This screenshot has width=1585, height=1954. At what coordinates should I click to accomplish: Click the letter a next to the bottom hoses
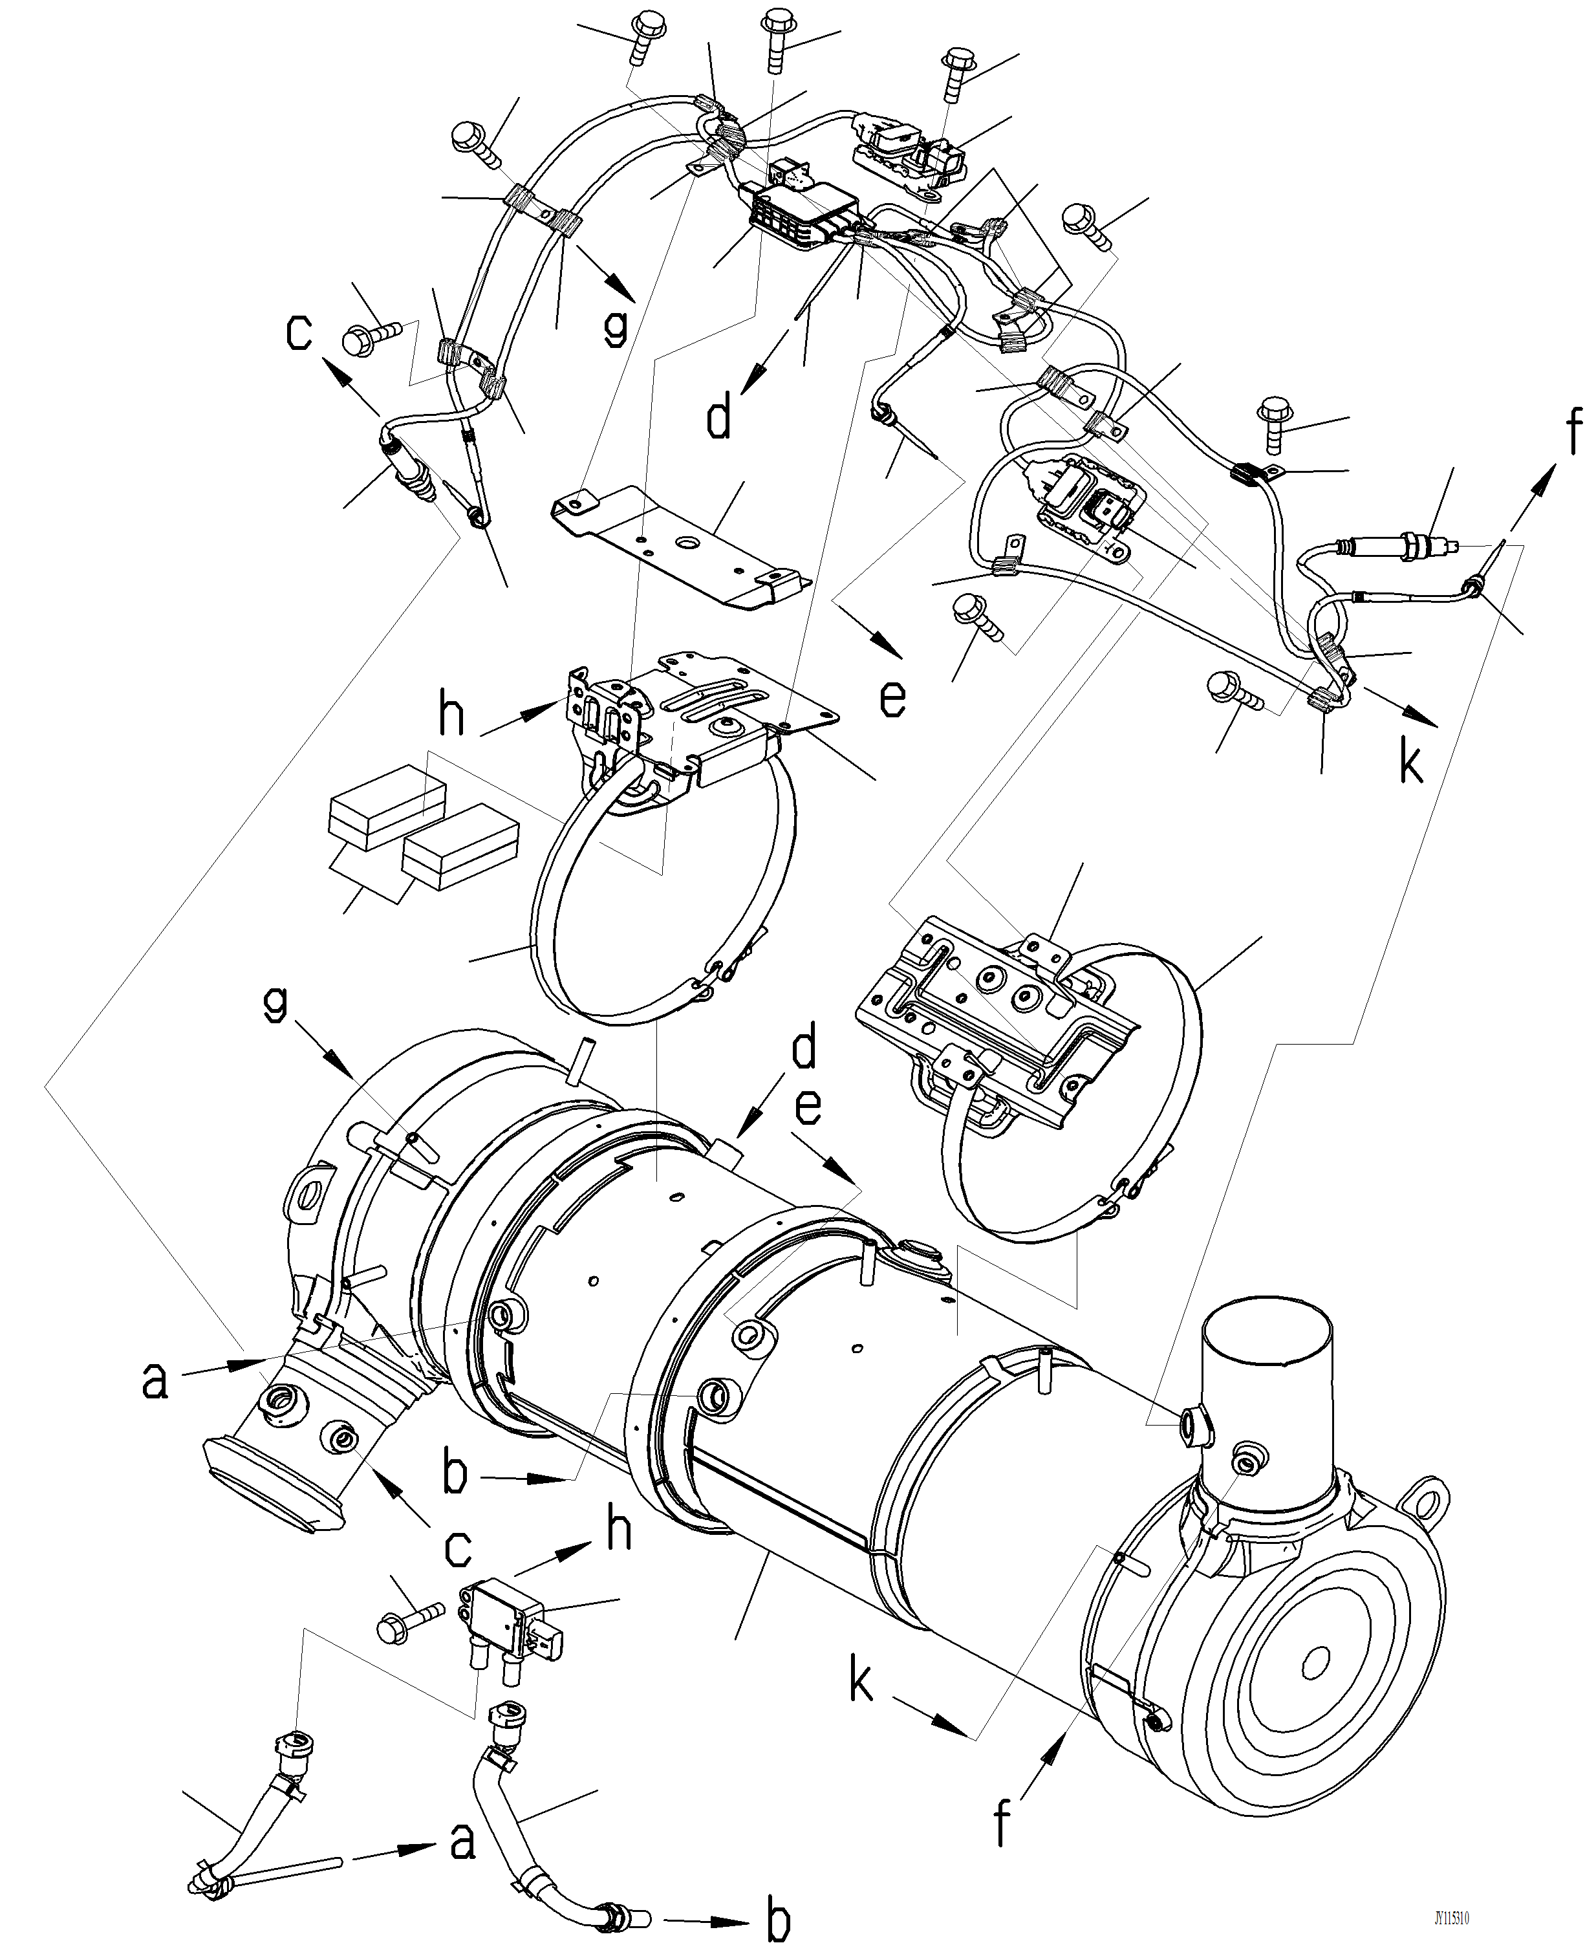click(x=463, y=1841)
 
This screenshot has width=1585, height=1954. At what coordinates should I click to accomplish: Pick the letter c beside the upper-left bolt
click(x=299, y=332)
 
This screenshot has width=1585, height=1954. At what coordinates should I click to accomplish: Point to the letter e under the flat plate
click(x=892, y=698)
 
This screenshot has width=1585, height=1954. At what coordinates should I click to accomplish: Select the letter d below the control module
click(x=720, y=419)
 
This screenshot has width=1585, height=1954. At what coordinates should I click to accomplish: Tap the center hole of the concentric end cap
click(x=1315, y=1663)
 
